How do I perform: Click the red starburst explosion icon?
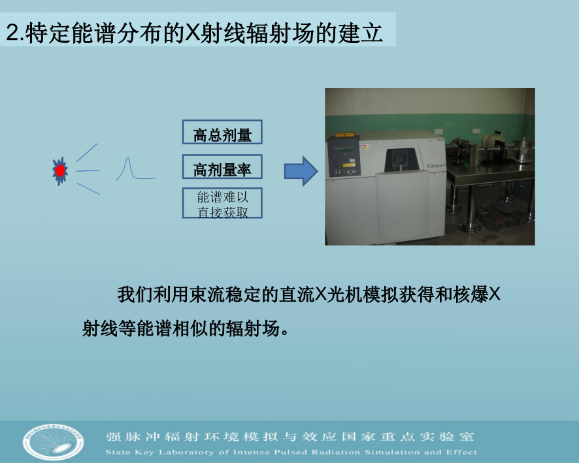coord(60,171)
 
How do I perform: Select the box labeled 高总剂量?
coord(222,132)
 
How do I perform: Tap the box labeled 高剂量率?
coord(222,167)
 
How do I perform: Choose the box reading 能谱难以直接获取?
coord(222,203)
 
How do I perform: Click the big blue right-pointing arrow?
coord(301,171)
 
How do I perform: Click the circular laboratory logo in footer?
coord(53,441)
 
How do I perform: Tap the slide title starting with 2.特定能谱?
coord(194,33)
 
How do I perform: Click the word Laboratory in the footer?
coord(186,453)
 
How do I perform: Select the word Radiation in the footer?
coord(336,453)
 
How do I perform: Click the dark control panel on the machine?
coord(343,157)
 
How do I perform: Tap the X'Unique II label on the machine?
coord(436,166)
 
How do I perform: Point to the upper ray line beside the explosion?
coord(87,152)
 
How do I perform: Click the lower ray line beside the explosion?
coord(88,189)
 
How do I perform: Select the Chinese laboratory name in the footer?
coord(290,437)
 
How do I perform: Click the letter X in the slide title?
coord(192,33)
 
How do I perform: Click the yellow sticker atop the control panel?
coord(344,135)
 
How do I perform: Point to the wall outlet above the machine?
coord(438,131)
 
